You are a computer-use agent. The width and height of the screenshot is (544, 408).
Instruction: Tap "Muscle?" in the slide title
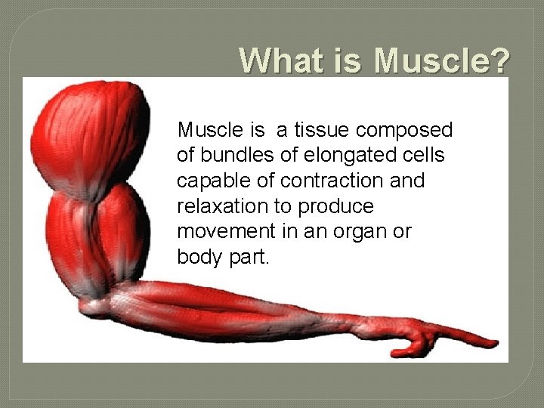pyautogui.click(x=442, y=60)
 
